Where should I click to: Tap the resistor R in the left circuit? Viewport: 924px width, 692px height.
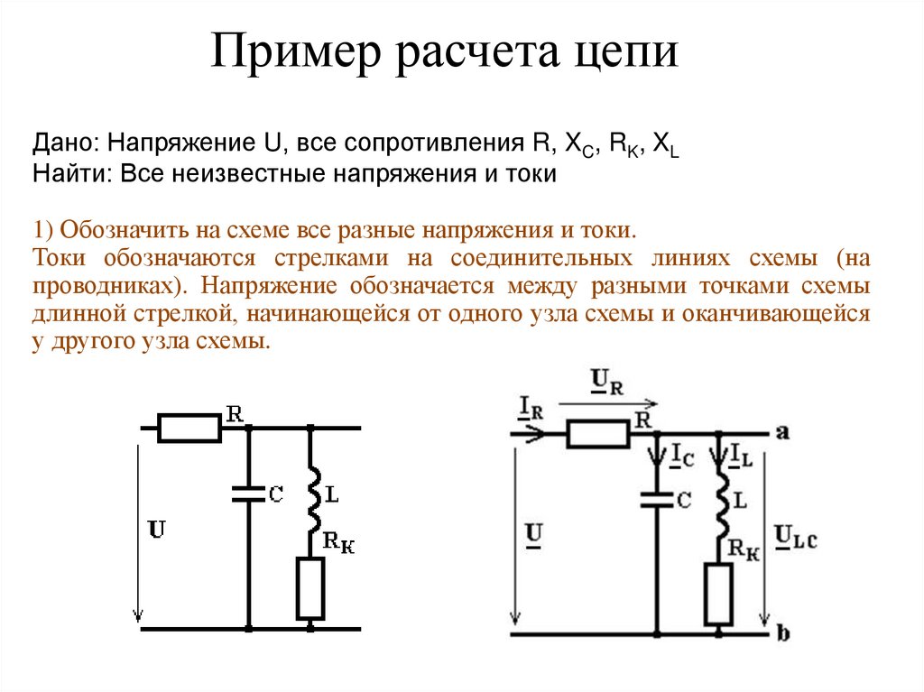pyautogui.click(x=189, y=429)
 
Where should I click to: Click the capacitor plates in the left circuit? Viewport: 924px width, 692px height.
pyautogui.click(x=248, y=493)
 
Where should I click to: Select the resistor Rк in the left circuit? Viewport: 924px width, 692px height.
pyautogui.click(x=310, y=588)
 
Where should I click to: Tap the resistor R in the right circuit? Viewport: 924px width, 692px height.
pyautogui.click(x=597, y=435)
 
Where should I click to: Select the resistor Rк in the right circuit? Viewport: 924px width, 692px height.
pyautogui.click(x=719, y=594)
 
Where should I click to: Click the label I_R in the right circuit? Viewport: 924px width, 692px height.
pyautogui.click(x=531, y=408)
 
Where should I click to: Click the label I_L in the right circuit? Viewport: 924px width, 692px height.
pyautogui.click(x=742, y=453)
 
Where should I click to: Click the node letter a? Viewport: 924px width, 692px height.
pyautogui.click(x=782, y=432)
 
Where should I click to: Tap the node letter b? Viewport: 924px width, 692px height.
pyautogui.click(x=782, y=634)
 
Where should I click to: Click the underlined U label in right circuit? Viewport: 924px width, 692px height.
pyautogui.click(x=533, y=536)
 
